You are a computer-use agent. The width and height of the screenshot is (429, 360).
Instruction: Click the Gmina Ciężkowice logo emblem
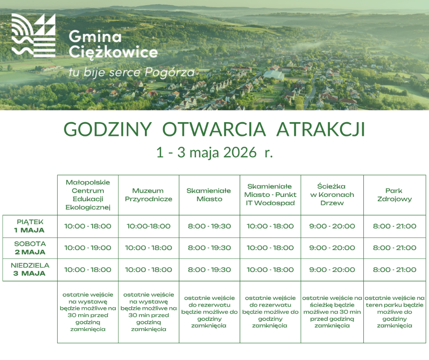click(33, 35)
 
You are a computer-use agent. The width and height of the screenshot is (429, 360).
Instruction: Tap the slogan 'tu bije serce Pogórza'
click(132, 72)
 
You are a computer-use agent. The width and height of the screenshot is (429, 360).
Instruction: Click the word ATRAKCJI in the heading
click(321, 129)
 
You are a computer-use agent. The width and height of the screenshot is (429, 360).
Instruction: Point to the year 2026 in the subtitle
click(240, 152)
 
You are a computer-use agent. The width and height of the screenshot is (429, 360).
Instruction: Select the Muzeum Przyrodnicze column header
click(149, 195)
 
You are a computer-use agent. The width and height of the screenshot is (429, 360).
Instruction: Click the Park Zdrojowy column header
click(394, 195)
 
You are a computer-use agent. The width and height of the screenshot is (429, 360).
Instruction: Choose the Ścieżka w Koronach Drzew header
click(332, 195)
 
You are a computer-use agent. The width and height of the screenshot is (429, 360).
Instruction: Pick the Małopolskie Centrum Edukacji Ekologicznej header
click(88, 195)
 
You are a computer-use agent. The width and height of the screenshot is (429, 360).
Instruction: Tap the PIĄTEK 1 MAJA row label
click(30, 226)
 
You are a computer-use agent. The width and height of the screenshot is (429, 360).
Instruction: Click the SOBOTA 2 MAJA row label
click(30, 248)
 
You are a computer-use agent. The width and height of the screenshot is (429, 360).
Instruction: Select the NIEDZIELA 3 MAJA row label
click(30, 269)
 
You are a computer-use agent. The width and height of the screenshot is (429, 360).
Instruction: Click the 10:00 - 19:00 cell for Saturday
click(88, 248)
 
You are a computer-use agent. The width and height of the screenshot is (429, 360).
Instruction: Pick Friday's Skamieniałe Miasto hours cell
click(209, 226)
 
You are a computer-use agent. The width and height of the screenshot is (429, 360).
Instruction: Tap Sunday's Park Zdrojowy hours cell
click(395, 270)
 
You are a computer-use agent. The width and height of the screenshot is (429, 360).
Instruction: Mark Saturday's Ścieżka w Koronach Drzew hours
click(332, 248)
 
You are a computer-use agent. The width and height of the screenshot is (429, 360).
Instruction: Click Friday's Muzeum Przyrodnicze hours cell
click(149, 226)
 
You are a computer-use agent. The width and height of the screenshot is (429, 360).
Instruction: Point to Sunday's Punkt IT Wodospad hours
click(270, 270)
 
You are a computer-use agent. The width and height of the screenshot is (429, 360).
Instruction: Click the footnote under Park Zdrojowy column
click(395, 312)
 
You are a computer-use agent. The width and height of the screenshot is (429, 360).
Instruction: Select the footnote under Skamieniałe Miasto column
click(209, 312)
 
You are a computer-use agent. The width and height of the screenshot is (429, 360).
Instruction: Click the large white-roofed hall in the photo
click(274, 75)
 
